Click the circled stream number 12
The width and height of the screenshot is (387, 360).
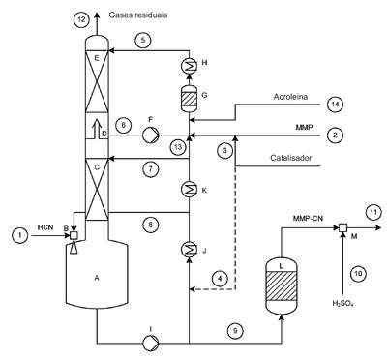coord(82,19)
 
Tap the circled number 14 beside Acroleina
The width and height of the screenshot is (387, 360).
coord(335,105)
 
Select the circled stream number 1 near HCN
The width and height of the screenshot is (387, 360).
coord(20,235)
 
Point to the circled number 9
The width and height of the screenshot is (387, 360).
coord(235,331)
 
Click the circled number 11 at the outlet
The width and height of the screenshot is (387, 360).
coord(373,212)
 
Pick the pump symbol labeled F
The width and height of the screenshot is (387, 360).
coord(151,135)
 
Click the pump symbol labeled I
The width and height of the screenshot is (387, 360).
coord(151,343)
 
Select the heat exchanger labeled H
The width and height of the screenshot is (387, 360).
coord(189,66)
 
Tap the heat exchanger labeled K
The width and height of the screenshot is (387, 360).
coord(189,190)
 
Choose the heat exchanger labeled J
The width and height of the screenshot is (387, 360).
coord(189,249)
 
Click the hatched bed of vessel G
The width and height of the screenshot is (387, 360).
coord(189,99)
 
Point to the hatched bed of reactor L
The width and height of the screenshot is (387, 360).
coord(281,285)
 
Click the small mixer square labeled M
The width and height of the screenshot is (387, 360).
coord(342,227)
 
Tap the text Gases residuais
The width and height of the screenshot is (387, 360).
coord(138,15)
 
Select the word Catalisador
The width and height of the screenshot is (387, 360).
coord(291,158)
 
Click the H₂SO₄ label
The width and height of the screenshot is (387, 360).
coord(342,303)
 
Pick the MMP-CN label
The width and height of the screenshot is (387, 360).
coord(308,219)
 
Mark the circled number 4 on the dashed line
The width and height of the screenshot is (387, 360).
coord(220,279)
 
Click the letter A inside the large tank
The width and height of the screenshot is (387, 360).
coord(97,278)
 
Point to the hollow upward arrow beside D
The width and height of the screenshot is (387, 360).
coord(96,128)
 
